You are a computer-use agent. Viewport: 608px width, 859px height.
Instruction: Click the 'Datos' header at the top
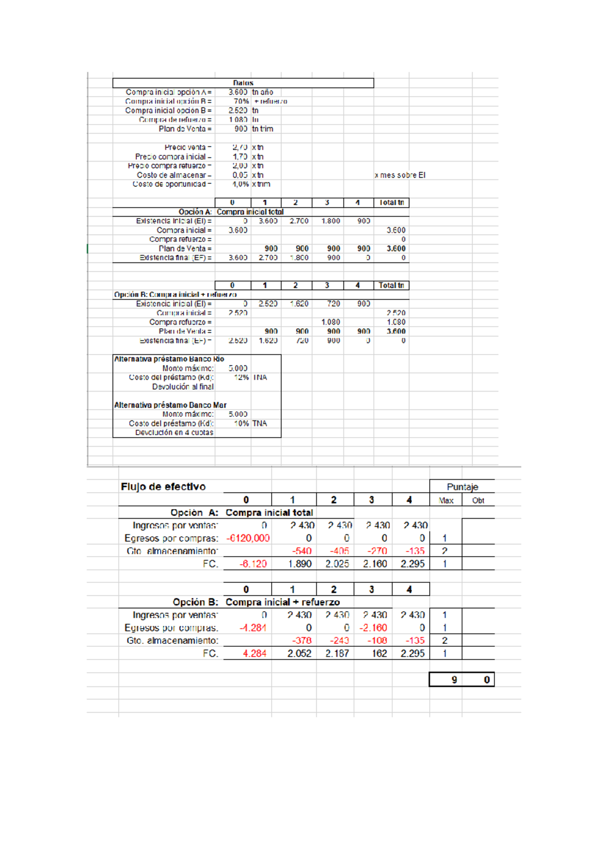click(243, 83)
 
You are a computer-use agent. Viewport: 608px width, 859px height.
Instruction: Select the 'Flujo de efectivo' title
click(163, 487)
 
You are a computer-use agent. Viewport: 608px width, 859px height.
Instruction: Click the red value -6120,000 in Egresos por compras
click(248, 538)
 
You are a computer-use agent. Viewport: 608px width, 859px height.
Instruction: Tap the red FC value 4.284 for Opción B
click(254, 653)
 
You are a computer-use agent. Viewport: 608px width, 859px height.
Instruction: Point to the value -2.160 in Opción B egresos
click(373, 628)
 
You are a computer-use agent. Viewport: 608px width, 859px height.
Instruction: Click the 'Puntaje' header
click(462, 487)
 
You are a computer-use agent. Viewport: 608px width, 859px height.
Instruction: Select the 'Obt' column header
click(478, 500)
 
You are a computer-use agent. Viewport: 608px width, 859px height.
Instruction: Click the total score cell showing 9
click(454, 680)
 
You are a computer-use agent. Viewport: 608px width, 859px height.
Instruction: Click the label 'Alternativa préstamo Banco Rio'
click(169, 359)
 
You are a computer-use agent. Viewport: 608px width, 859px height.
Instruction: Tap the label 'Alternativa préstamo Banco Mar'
click(170, 405)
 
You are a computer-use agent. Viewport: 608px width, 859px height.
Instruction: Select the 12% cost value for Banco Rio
click(241, 377)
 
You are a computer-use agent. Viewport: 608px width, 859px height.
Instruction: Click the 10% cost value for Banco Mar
click(241, 423)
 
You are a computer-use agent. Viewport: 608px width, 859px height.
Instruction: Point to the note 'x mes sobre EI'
click(400, 175)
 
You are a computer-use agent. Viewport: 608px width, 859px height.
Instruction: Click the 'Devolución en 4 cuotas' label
click(174, 433)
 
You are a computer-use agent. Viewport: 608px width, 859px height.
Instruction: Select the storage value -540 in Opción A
click(301, 551)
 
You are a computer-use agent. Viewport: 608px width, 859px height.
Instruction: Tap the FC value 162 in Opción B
click(379, 653)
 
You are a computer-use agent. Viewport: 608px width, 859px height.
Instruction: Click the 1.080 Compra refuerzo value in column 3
click(330, 322)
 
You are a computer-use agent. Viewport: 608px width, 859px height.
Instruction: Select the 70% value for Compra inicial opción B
click(241, 101)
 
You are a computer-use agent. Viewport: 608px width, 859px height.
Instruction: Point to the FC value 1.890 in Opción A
click(300, 564)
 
